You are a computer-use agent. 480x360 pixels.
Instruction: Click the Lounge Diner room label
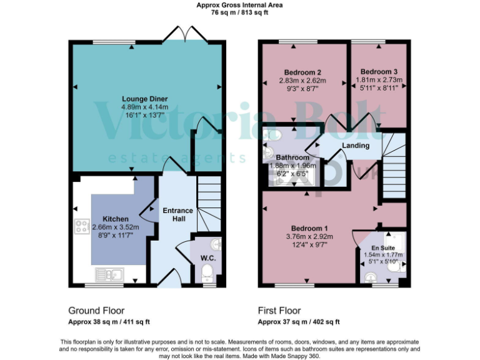(144, 98)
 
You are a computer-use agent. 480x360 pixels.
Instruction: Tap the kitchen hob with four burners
(81, 227)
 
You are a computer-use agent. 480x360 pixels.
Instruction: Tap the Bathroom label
(292, 157)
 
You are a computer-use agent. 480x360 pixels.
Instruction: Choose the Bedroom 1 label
(309, 227)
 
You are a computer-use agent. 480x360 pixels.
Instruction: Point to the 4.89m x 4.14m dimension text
(144, 107)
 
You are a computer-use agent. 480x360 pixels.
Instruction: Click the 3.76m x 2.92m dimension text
(309, 236)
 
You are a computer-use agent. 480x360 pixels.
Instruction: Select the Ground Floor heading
(96, 310)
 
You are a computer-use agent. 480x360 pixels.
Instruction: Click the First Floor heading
(279, 310)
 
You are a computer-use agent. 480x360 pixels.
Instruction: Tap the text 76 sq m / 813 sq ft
(239, 11)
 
